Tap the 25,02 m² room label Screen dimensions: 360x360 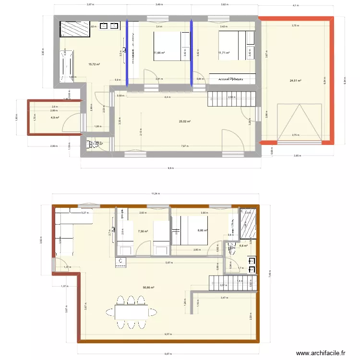click(184, 121)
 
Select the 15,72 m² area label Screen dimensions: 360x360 click(94, 64)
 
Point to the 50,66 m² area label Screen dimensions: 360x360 click(148, 288)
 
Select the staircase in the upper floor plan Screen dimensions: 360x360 click(226, 100)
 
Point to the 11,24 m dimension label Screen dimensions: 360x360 click(155, 194)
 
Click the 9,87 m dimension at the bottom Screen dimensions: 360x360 click(168, 354)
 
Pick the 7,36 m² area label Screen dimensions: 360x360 click(143, 231)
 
